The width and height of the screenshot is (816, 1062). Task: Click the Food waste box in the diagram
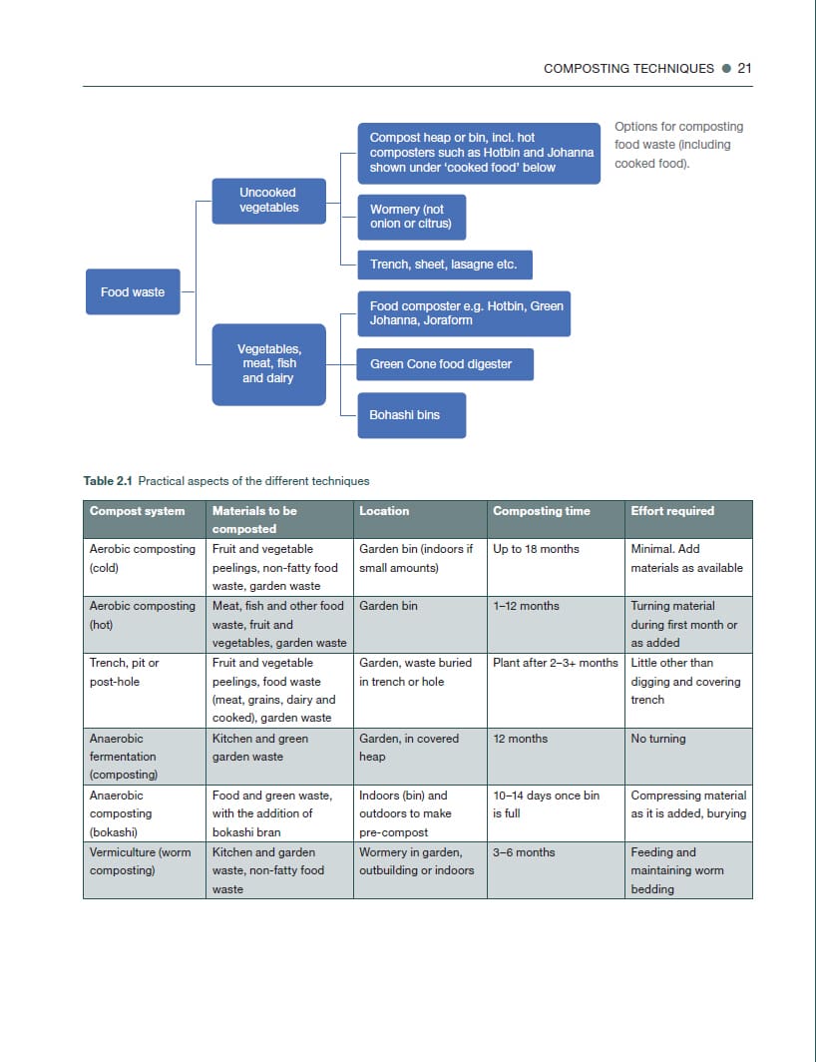[x=133, y=291]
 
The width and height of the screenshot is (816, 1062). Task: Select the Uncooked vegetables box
[x=268, y=201]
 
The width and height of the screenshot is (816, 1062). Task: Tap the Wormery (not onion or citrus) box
[x=411, y=217]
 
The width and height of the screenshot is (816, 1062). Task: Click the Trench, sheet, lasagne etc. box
[x=444, y=265]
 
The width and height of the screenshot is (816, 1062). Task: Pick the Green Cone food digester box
[x=444, y=364]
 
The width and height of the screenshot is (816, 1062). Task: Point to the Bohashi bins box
[x=411, y=415]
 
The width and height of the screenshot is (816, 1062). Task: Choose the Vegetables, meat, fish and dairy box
[x=268, y=364]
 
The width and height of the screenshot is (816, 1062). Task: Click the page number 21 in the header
[x=744, y=69]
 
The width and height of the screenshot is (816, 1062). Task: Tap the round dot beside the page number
[x=726, y=69]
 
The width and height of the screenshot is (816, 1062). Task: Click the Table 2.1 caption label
[x=109, y=481]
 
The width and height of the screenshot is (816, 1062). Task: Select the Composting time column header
[x=542, y=511]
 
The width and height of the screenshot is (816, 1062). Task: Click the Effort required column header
[x=672, y=511]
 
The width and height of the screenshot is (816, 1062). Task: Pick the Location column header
[x=384, y=511]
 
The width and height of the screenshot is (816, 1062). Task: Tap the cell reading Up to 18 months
[x=536, y=549]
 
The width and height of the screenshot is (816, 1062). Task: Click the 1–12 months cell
[x=526, y=606]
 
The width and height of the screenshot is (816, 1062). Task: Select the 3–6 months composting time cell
[x=524, y=852]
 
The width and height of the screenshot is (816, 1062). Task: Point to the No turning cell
[x=658, y=739]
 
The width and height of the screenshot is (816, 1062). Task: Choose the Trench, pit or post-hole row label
[x=125, y=672]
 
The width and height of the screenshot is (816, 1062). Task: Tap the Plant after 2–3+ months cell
[x=555, y=663]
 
